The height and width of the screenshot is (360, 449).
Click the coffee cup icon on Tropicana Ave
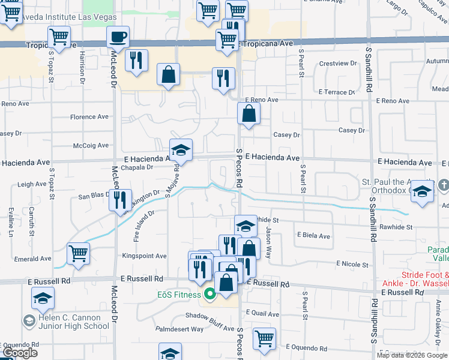pyautogui.click(x=118, y=36)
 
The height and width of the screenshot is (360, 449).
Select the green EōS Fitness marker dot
pyautogui.click(x=209, y=294)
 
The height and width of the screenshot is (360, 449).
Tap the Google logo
pyautogui.click(x=20, y=353)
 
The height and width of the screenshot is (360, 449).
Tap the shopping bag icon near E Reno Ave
pyautogui.click(x=249, y=113)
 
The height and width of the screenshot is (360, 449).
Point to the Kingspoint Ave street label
pyautogui.click(x=144, y=256)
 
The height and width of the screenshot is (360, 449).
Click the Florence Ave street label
pyautogui.click(x=89, y=117)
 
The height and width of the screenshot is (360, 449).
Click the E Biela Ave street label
pyautogui.click(x=313, y=236)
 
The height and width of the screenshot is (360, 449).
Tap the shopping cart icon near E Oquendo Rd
pyautogui.click(x=264, y=338)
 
